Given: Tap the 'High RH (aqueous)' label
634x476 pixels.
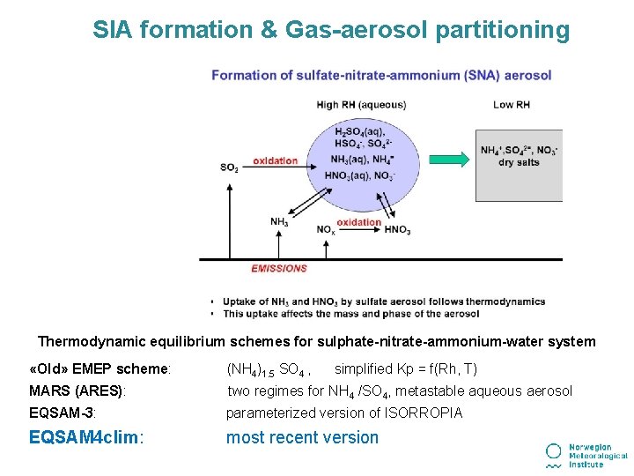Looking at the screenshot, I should [x=361, y=105].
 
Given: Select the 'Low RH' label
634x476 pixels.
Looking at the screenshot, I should [x=511, y=105].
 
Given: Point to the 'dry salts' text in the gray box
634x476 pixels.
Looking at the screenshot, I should [x=519, y=162].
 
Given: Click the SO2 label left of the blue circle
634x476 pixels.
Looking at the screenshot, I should [x=229, y=167].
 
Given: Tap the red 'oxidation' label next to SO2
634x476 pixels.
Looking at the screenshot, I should [x=275, y=161].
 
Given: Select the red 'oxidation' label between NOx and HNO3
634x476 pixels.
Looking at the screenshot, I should [x=359, y=222].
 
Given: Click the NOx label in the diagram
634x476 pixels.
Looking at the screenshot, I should [x=325, y=230].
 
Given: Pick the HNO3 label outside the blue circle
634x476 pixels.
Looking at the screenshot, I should [x=397, y=230].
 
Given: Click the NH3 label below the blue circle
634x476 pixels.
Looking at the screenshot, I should [x=279, y=222].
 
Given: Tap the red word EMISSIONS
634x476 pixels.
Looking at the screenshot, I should [x=279, y=268].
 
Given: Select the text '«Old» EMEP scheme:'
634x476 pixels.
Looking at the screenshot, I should [x=100, y=369].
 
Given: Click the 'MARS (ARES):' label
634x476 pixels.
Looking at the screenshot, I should [x=77, y=391].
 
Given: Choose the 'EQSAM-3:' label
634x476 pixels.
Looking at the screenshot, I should [x=63, y=413].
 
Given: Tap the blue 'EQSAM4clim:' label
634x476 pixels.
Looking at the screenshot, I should [x=86, y=437].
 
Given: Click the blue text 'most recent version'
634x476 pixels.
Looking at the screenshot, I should [x=302, y=437].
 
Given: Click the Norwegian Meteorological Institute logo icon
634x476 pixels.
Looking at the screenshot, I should [x=554, y=454].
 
